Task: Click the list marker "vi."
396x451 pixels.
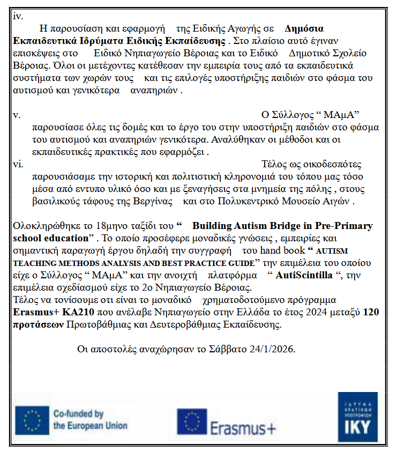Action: pyautogui.click(x=19, y=164)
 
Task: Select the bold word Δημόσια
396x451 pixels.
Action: pyautogui.click(x=304, y=28)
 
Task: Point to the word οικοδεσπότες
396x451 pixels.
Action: pyautogui.click(x=332, y=164)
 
